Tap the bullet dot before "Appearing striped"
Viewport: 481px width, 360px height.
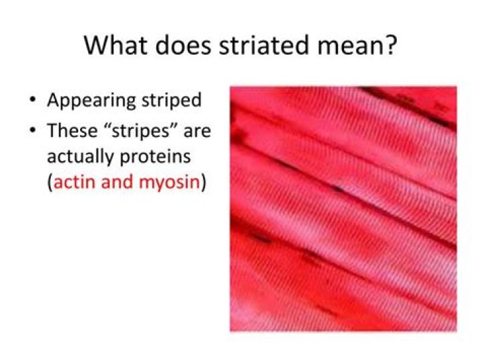click(x=32, y=101)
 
